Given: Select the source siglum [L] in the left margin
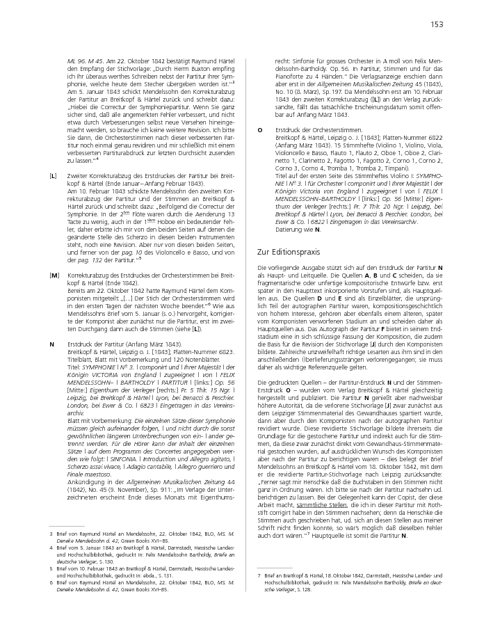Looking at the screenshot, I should pos(54,176).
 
